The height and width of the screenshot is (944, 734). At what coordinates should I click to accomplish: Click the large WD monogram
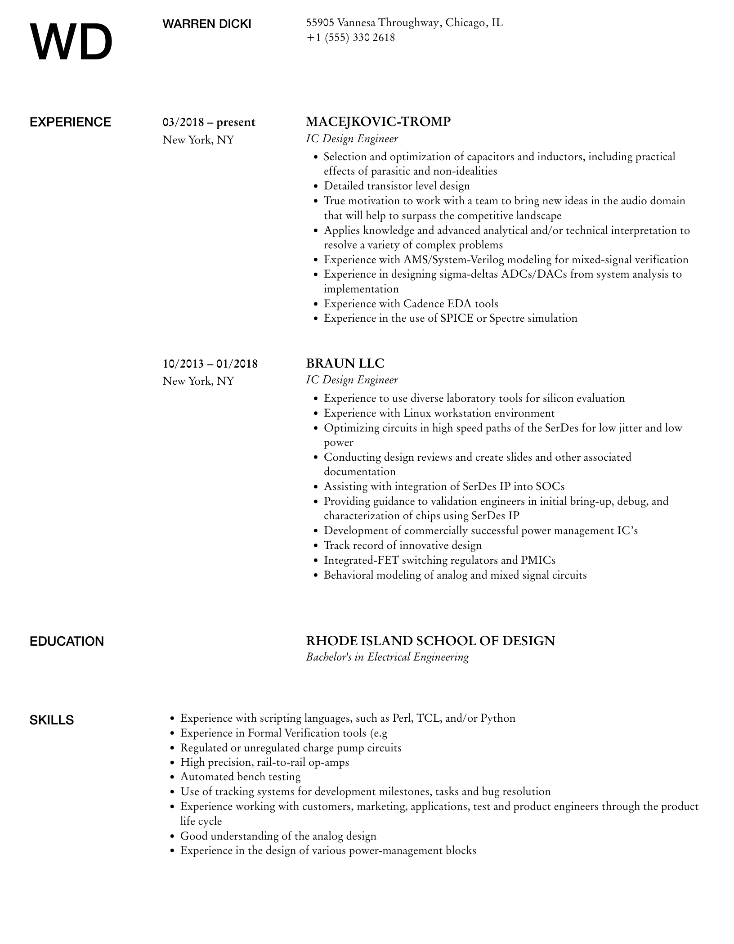coord(71,43)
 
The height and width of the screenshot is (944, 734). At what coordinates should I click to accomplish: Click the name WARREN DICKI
coord(207,24)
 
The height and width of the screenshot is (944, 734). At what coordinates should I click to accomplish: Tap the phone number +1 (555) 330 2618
coord(350,37)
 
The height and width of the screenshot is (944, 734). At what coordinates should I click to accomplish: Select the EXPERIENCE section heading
coord(70,122)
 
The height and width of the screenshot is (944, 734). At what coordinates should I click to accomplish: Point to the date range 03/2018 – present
coord(209,122)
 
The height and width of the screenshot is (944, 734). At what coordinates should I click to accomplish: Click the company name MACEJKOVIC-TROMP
coord(378,122)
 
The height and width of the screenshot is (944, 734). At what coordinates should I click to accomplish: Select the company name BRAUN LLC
coord(345,363)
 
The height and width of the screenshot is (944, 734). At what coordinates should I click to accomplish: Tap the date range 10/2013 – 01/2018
coord(210,364)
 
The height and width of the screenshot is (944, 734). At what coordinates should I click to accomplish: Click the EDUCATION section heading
coord(67,641)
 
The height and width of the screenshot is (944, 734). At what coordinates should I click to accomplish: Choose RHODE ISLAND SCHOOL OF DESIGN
coord(430,641)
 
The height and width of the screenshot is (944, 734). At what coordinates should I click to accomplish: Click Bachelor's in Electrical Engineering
coord(387,657)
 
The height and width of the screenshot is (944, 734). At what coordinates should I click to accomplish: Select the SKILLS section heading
coord(52,720)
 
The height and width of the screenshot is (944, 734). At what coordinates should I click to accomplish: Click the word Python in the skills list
coord(497,718)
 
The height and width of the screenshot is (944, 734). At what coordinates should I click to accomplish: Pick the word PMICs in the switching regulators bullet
coord(538,560)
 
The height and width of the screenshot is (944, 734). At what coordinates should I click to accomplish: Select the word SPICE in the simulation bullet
coord(457,319)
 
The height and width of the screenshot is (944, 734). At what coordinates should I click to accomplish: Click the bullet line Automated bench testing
coord(240,777)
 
